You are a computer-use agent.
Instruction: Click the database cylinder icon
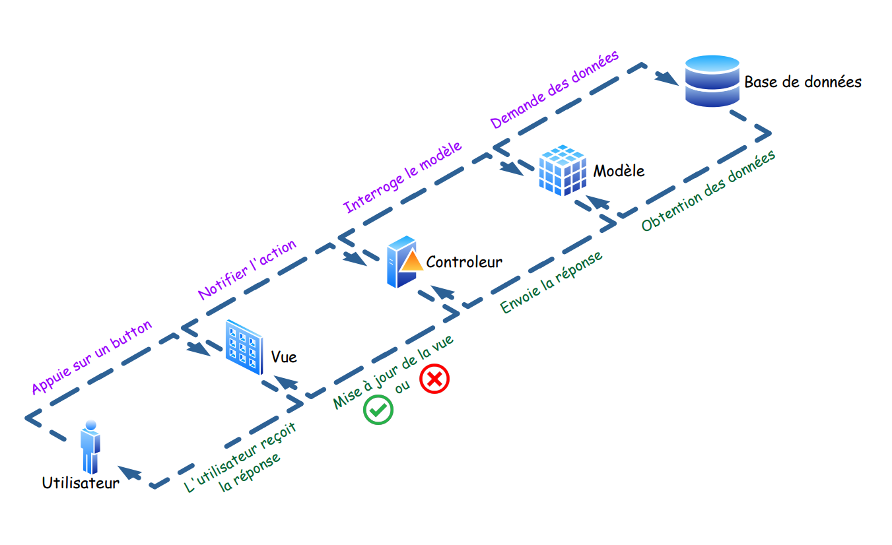[x=712, y=81]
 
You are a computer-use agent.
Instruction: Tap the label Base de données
[x=802, y=82]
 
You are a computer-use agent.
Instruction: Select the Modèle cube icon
[x=562, y=171]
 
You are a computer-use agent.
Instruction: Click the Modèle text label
[x=619, y=171]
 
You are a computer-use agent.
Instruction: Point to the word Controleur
[x=464, y=262]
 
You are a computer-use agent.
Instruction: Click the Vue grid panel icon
[x=243, y=348]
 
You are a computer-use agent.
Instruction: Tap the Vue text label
[x=284, y=358]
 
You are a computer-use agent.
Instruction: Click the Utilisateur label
[x=81, y=482]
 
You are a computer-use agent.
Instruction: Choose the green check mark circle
[x=378, y=409]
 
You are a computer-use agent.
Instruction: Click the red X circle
[x=434, y=379]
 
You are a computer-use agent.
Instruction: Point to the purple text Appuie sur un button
[x=92, y=357]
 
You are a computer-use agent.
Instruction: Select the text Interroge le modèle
[x=402, y=177]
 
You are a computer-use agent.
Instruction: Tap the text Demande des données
[x=554, y=90]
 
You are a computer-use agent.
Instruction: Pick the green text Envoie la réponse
[x=551, y=282]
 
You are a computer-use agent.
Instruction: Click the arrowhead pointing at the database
[x=668, y=79]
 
